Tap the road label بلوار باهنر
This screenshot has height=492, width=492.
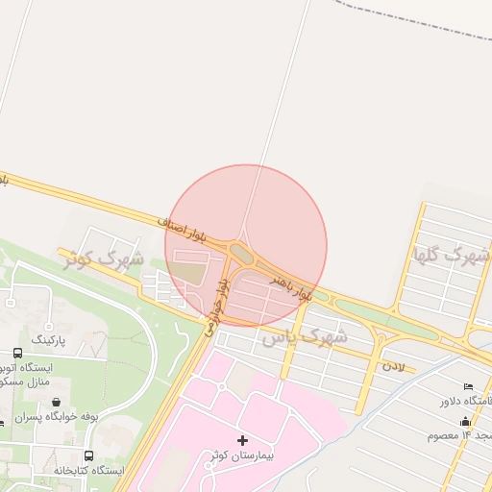[x=291, y=285]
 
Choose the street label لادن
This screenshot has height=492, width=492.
[x=394, y=366]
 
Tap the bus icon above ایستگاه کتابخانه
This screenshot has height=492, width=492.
[x=89, y=455]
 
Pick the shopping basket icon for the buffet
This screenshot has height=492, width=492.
[x=60, y=403]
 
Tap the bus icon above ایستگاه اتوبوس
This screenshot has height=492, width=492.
[x=18, y=354]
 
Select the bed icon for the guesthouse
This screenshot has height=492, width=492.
[x=468, y=385]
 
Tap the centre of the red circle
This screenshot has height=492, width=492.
[x=246, y=246]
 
